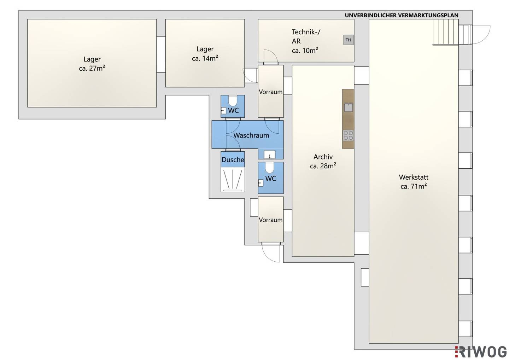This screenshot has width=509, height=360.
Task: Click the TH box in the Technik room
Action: (348, 40)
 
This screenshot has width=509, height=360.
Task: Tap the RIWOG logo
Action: (480, 352)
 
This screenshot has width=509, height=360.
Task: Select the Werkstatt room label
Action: (414, 177)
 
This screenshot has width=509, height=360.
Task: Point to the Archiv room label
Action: (323, 157)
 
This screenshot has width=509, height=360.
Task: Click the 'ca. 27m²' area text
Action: (92, 68)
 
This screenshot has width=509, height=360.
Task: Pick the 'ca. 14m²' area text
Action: (205, 58)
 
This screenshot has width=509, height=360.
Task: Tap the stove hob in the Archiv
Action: (348, 135)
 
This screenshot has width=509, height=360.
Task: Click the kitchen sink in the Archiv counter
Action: (348, 107)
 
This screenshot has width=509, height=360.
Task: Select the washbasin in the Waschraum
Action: (269, 155)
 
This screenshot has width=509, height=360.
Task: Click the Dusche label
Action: (233, 160)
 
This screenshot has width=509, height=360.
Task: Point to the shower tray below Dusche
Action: (233, 180)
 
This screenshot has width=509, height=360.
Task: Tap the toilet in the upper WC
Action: (233, 101)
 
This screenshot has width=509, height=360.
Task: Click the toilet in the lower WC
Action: (270, 168)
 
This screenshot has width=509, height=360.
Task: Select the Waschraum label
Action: (251, 135)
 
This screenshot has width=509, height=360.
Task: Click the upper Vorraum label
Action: (271, 92)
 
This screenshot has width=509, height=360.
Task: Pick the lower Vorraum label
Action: (271, 220)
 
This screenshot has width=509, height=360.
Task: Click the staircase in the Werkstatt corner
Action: (446, 32)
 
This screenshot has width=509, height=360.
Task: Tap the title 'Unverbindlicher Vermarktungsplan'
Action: (402, 15)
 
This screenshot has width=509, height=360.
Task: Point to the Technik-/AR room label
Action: (306, 36)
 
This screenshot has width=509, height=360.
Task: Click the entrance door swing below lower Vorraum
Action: (271, 253)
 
